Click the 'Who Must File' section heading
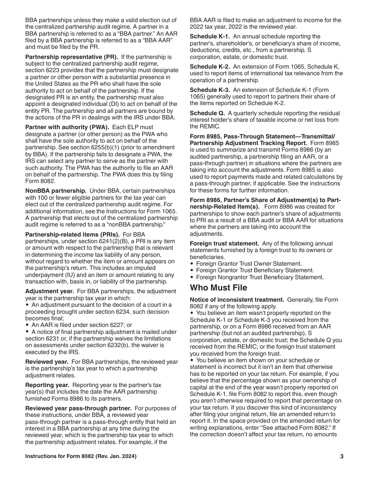pos(218,288)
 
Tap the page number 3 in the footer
pos(341,456)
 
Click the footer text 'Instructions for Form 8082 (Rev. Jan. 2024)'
pos(81,456)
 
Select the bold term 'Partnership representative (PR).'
pos(72,57)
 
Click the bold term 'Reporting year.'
pos(47,385)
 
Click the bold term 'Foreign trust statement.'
pos(225,244)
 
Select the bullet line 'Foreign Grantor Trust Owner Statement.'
pos(249,264)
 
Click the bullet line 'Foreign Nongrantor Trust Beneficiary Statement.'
pos(259,277)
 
